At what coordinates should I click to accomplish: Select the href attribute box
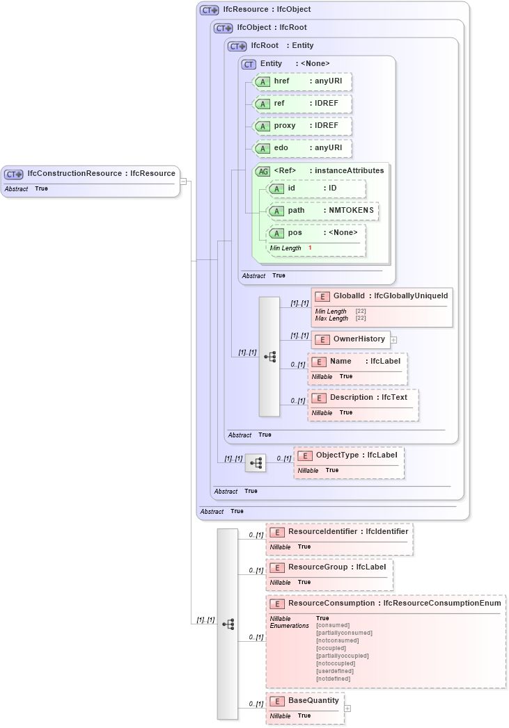[x=302, y=81]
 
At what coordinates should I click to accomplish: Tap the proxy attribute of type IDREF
[x=302, y=126]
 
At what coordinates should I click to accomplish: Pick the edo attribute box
[x=302, y=148]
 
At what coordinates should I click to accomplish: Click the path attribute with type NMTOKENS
[x=323, y=210]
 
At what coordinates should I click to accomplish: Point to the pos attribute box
[x=317, y=232]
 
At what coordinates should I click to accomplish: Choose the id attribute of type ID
[x=317, y=188]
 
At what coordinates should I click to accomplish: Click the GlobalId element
[x=382, y=296]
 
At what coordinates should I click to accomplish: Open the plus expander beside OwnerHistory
[x=393, y=340]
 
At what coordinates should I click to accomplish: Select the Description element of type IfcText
[x=363, y=398]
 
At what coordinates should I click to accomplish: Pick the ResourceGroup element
[x=329, y=567]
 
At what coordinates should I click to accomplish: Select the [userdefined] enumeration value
[x=335, y=671]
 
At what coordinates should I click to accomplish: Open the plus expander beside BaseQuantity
[x=347, y=709]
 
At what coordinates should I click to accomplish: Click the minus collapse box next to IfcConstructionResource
[x=183, y=181]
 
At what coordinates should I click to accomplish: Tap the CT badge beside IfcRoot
[x=237, y=47]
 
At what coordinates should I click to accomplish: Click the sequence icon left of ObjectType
[x=256, y=462]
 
